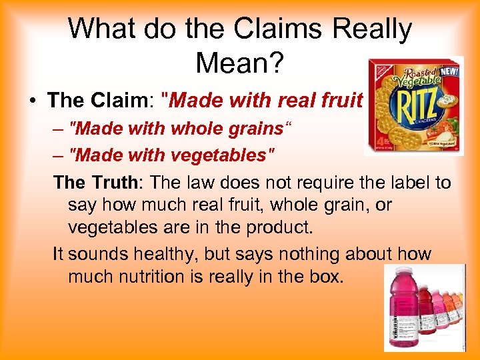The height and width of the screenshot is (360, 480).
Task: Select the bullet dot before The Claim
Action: point(32,101)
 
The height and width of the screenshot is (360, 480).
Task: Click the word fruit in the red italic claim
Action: point(341,101)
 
